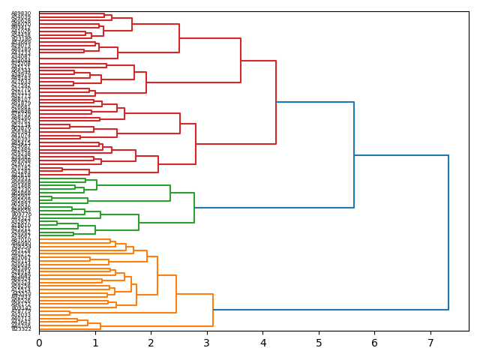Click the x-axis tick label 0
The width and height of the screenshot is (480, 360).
[39, 343]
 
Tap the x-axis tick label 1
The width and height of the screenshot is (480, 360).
[95, 343]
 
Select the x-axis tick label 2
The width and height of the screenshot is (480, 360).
[151, 343]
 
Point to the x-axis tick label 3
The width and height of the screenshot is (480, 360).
[207, 343]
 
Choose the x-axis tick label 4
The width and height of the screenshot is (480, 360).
[262, 343]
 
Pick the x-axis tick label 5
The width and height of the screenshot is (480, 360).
[319, 343]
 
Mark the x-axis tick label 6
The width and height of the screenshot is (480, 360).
[374, 343]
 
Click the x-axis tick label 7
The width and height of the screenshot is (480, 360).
[430, 343]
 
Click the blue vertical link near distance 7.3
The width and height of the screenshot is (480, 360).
[448, 232]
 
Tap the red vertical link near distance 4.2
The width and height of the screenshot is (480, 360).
[276, 102]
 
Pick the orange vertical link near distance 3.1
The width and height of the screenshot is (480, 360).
[213, 310]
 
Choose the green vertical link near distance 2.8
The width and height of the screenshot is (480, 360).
[194, 208]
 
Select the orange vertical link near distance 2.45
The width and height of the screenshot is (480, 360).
[176, 294]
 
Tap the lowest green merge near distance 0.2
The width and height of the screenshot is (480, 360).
[52, 198]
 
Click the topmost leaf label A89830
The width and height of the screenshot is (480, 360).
[21, 13]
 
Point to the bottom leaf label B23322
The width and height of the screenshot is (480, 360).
[21, 329]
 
